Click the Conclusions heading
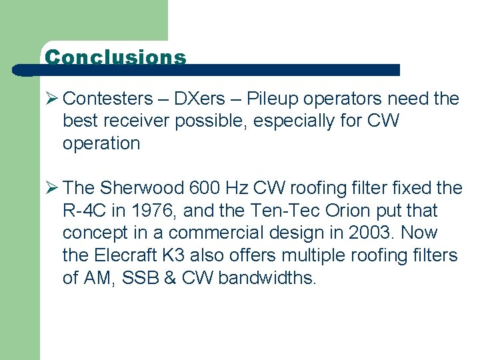click(115, 57)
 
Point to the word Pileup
click(271, 99)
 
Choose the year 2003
click(357, 233)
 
